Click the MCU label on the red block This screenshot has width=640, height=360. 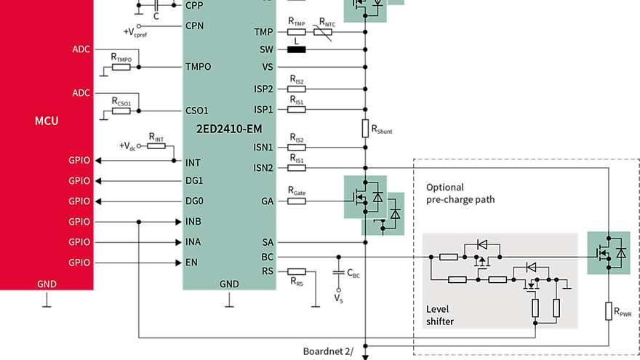47,121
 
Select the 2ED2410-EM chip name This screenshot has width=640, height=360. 228,128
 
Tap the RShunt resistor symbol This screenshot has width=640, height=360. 366,129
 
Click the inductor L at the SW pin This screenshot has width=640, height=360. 297,49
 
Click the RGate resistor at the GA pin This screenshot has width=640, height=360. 296,201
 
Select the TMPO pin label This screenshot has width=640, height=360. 198,67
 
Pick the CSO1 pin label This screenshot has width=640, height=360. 196,111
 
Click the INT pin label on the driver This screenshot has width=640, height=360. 193,162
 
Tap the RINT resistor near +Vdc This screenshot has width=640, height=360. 156,146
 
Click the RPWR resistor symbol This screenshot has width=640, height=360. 609,312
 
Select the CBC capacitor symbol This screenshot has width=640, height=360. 338,273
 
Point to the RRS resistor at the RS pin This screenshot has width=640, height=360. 296,271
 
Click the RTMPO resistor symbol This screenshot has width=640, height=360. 121,67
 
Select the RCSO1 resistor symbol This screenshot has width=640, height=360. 121,111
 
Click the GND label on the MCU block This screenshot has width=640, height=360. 47,284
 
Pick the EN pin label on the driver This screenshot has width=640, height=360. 192,262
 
